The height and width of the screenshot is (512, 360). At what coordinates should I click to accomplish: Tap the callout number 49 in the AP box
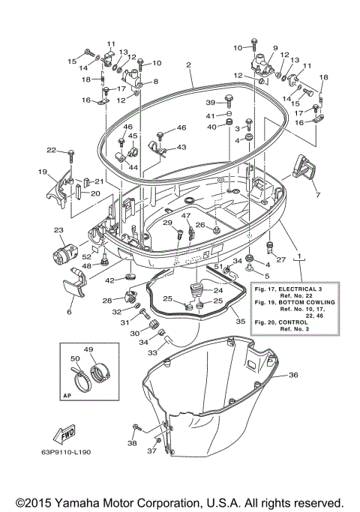[88, 350]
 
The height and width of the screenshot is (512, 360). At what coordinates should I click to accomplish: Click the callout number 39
[211, 102]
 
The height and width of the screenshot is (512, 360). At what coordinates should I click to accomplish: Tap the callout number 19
[43, 172]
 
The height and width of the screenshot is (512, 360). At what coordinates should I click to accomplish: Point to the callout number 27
[282, 260]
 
